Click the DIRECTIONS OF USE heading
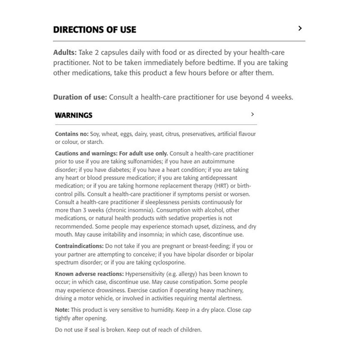point(94,30)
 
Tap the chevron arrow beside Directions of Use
point(300,29)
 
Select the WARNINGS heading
point(73,115)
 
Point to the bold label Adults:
point(65,52)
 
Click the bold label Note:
point(62,310)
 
